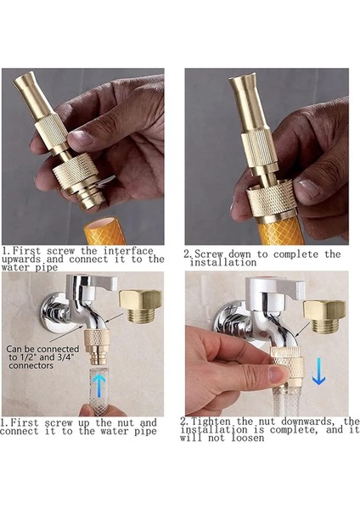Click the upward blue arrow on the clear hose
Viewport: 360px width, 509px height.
click(x=99, y=386)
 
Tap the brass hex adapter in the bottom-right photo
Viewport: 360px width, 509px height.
click(x=324, y=316)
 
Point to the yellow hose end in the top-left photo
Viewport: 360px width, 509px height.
click(x=104, y=231)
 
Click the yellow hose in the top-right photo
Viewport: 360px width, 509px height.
click(x=281, y=232)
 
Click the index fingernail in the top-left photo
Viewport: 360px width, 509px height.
click(x=81, y=137)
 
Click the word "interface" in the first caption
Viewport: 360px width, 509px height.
click(x=128, y=251)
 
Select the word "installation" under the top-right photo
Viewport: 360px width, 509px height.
click(x=223, y=262)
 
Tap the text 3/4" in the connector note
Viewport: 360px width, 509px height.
click(x=66, y=357)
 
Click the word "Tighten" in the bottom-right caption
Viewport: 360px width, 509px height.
click(x=211, y=422)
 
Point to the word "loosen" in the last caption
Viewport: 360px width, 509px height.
click(x=248, y=438)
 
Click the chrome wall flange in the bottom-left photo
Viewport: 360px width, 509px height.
click(x=52, y=312)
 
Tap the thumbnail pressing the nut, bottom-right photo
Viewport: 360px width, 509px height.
click(x=278, y=373)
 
